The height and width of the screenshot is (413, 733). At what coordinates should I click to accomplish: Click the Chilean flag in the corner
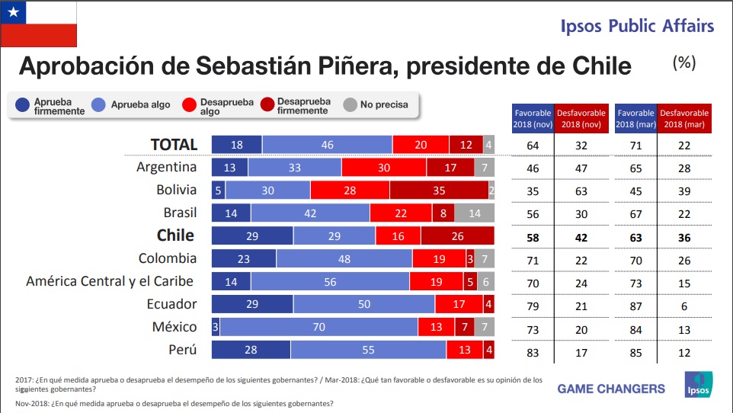[39, 24]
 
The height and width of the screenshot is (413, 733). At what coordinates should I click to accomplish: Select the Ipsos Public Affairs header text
[637, 26]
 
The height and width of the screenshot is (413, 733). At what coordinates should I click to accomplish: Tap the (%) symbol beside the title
[683, 63]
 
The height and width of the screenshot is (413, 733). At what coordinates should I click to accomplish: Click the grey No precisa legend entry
[376, 105]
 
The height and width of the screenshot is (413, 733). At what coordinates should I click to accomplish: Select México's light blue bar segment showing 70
[318, 327]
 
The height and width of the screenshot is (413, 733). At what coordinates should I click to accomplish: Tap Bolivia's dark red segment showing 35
[439, 190]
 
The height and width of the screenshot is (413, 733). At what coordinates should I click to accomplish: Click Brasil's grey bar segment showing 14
[475, 213]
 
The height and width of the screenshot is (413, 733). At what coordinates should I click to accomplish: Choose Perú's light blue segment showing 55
[368, 350]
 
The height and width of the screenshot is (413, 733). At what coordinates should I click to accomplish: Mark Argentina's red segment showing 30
[384, 167]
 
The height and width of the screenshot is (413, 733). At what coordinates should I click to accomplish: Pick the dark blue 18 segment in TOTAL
[236, 144]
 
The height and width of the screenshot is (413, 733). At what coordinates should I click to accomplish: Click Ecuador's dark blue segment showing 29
[251, 304]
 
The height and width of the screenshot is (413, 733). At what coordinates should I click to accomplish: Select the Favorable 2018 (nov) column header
[533, 118]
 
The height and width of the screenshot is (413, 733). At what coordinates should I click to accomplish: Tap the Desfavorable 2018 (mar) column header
[683, 118]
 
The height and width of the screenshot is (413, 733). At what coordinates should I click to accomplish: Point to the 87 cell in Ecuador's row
[635, 304]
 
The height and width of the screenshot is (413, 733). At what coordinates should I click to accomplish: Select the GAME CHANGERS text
[611, 389]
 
